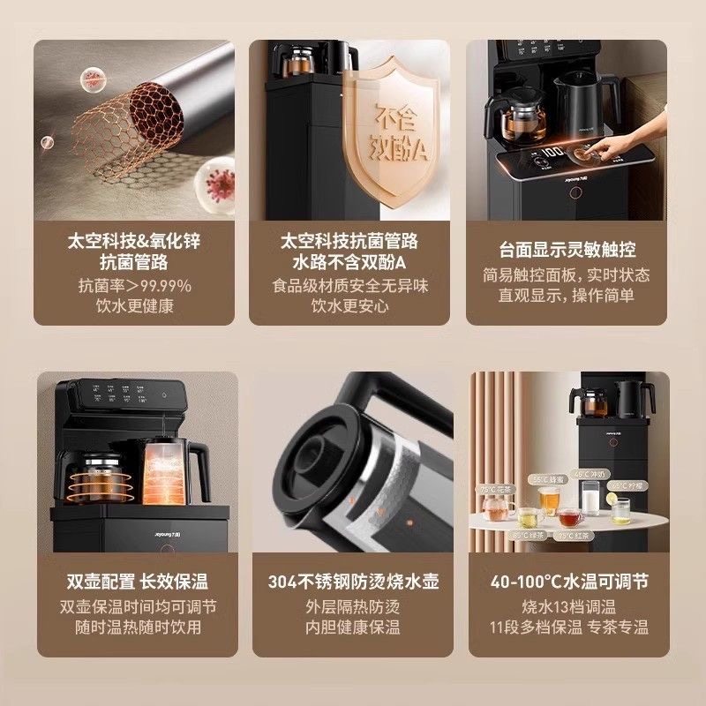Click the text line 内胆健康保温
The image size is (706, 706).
353,627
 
